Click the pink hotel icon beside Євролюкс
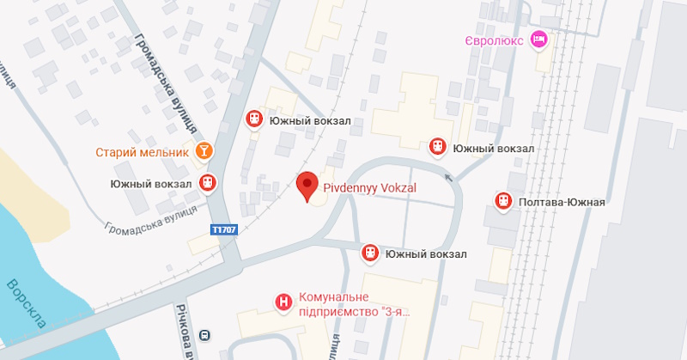pyautogui.click(x=539, y=39)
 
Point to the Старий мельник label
pyautogui.click(x=142, y=152)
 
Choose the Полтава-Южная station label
pyautogui.click(x=562, y=203)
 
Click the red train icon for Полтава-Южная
pyautogui.click(x=502, y=202)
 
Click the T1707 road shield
pyautogui.click(x=223, y=230)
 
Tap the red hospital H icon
pyautogui.click(x=282, y=302)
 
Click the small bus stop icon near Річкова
pyautogui.click(x=205, y=335)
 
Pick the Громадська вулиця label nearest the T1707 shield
pyautogui.click(x=149, y=220)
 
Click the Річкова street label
pyautogui.click(x=183, y=331)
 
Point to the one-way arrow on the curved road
pyautogui.click(x=447, y=178)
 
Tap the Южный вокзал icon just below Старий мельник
pyautogui.click(x=207, y=182)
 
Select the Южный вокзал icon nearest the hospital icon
pyautogui.click(x=370, y=253)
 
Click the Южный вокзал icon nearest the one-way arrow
pyautogui.click(x=438, y=148)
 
